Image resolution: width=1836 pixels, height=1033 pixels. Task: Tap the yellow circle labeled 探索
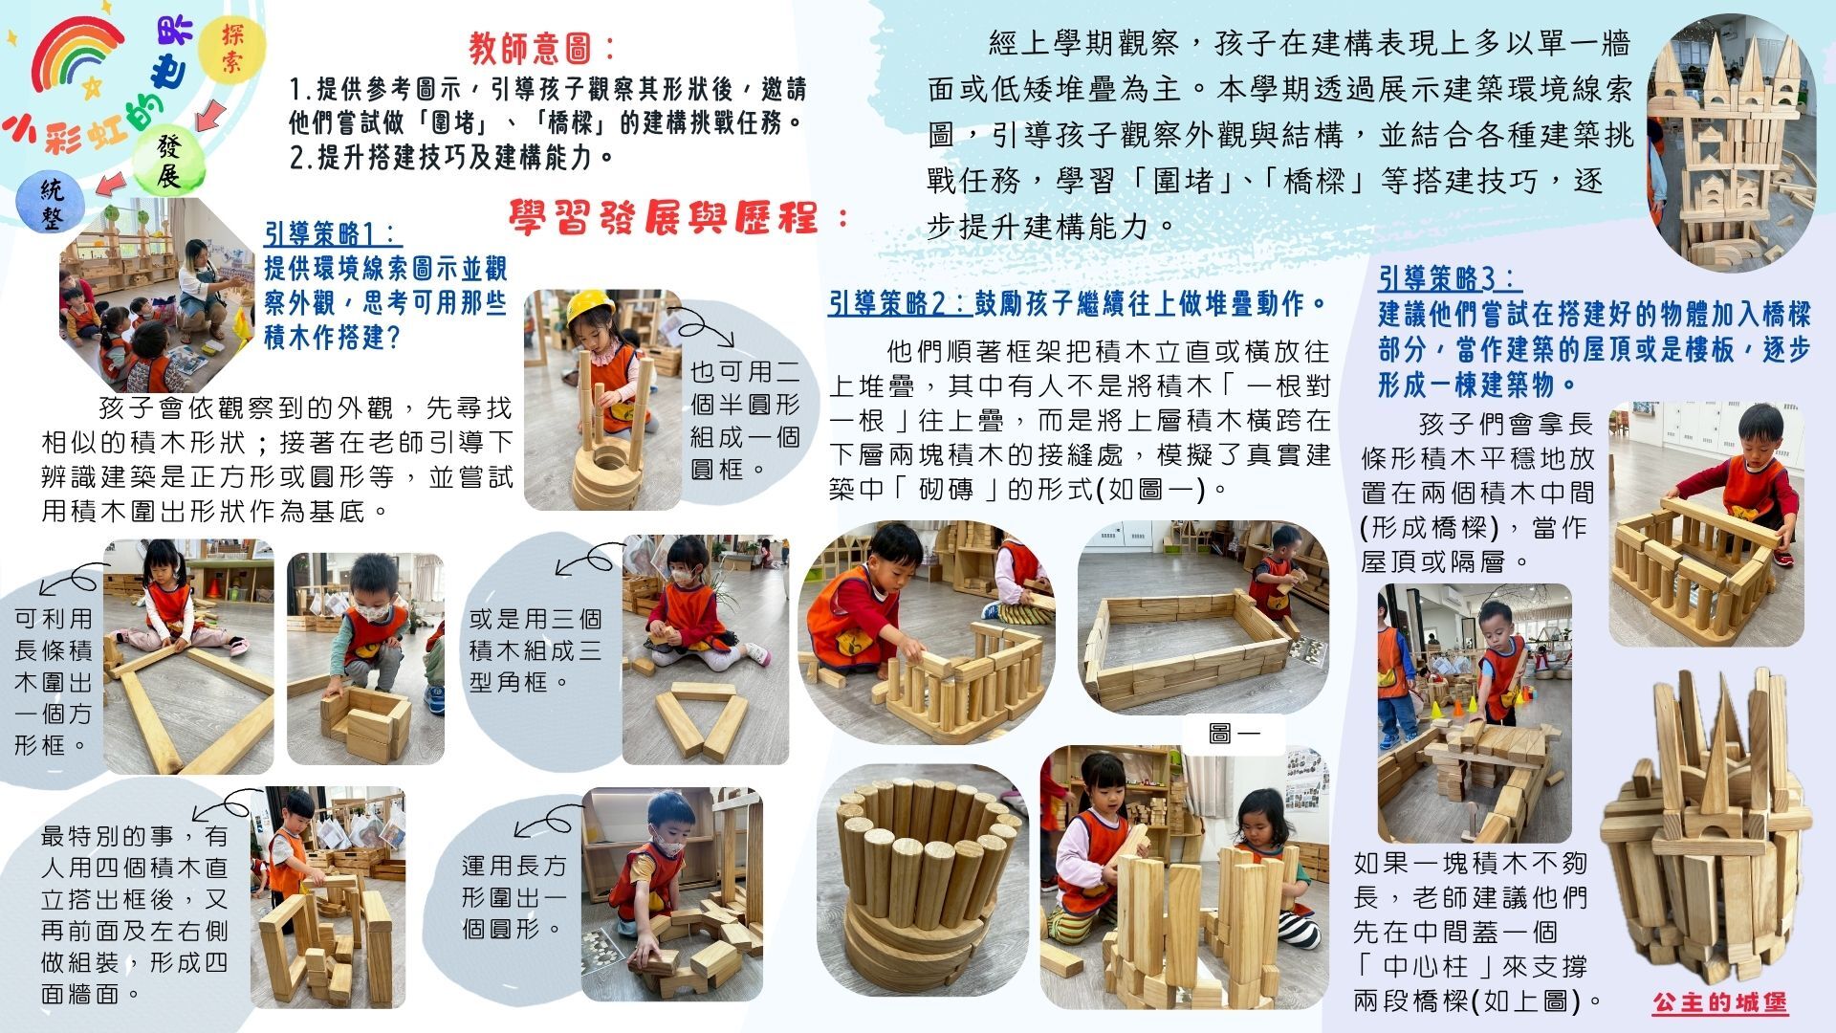(232, 49)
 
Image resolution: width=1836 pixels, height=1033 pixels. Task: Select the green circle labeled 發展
(168, 160)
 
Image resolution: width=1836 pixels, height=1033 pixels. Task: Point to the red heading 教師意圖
(541, 47)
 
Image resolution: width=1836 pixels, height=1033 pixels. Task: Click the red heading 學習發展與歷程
(678, 217)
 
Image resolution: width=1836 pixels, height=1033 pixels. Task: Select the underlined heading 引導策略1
(332, 233)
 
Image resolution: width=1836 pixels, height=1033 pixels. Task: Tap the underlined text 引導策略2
(899, 304)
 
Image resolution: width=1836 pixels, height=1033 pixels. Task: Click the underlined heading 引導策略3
(1449, 278)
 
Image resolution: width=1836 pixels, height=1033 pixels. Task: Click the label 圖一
(1235, 734)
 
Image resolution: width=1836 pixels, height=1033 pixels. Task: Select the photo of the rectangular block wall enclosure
(1203, 616)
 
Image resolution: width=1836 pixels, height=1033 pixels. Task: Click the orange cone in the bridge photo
(1458, 706)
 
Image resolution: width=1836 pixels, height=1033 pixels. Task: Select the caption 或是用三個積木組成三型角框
(535, 649)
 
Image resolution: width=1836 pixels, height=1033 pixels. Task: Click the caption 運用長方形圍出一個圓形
(514, 896)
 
